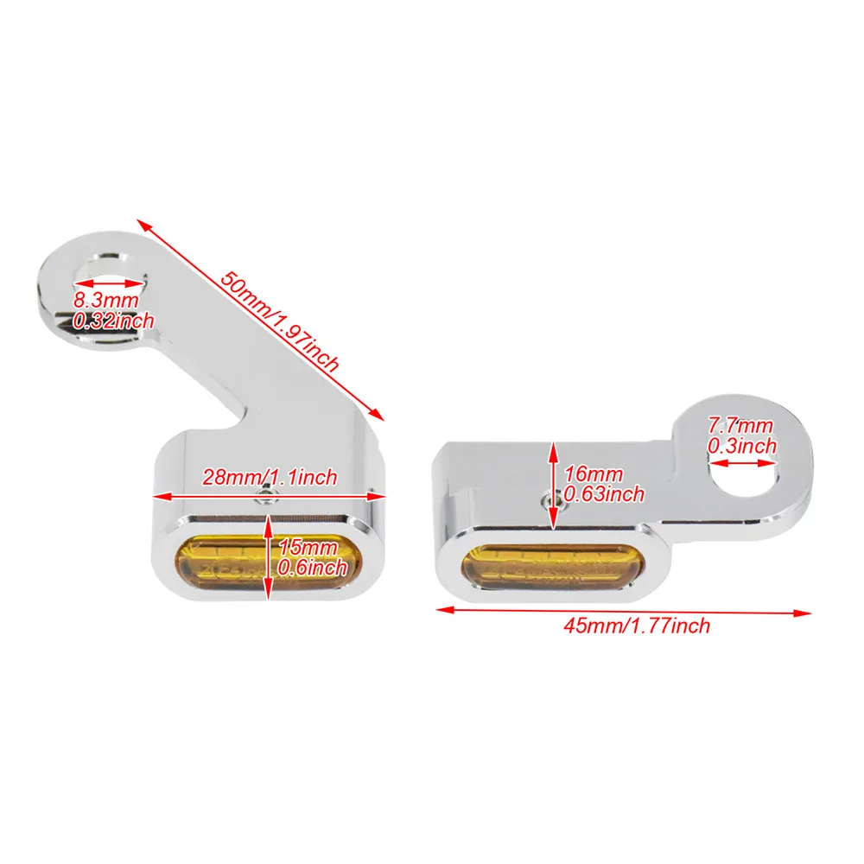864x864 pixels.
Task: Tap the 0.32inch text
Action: pyautogui.click(x=114, y=321)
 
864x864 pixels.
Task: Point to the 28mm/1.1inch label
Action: pyautogui.click(x=269, y=477)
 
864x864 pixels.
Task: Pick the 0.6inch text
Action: pyautogui.click(x=312, y=568)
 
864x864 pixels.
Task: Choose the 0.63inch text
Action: pyautogui.click(x=604, y=494)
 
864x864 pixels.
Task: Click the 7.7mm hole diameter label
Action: pyautogui.click(x=740, y=425)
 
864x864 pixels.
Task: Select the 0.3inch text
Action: pyautogui.click(x=742, y=446)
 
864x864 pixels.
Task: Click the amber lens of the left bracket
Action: pyautogui.click(x=233, y=564)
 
